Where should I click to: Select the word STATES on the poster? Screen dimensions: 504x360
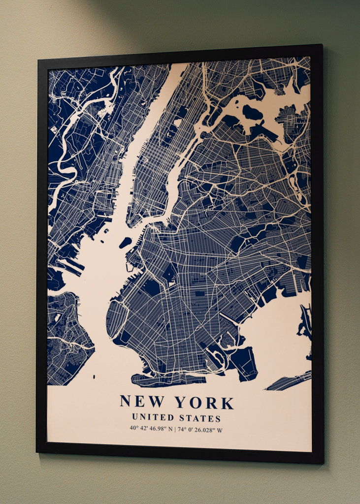click(x=200, y=418)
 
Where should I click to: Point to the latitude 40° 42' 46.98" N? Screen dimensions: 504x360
click(x=151, y=429)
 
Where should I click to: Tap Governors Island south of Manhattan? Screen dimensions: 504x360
click(x=125, y=242)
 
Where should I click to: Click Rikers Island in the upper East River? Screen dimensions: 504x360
click(x=252, y=113)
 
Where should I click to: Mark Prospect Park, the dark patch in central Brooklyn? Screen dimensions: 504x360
click(x=170, y=274)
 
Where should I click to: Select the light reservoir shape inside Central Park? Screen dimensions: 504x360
click(x=178, y=122)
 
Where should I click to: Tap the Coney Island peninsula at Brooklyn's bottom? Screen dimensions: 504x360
click(x=167, y=379)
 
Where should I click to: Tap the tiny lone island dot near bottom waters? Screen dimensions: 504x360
click(x=94, y=376)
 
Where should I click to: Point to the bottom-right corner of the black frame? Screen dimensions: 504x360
click(x=323, y=462)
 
